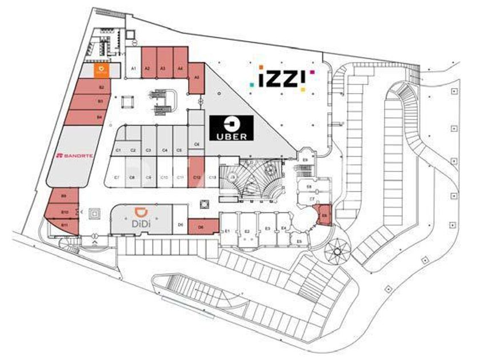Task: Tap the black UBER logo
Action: point(232,128)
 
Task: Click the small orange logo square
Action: point(102,70)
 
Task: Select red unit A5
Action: point(196,78)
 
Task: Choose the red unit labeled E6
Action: point(325,215)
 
